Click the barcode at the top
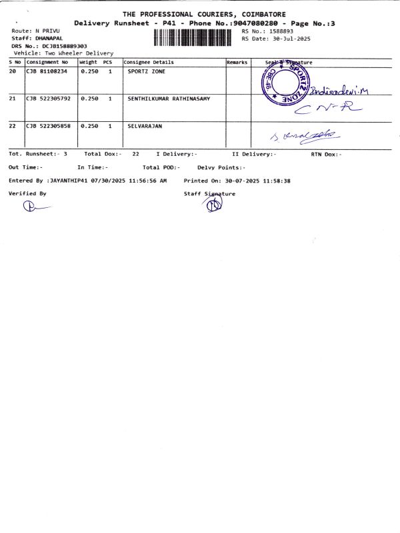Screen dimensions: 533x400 pos(194,37)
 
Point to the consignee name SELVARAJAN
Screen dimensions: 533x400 pos(145,125)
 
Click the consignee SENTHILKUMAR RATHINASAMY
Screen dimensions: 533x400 pos(169,99)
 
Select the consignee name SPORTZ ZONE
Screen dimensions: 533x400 pos(146,71)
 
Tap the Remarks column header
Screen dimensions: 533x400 pos(237,62)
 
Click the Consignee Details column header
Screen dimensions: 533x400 pos(148,62)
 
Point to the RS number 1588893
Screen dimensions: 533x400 pos(279,31)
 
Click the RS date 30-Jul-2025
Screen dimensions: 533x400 pos(287,39)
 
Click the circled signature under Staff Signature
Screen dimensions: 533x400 pos(212,205)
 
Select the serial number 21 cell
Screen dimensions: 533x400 pos(13,99)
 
